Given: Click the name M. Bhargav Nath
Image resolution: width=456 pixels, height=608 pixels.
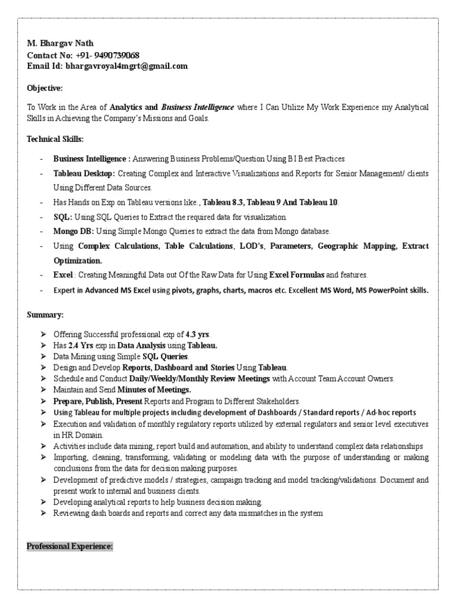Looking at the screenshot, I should pyautogui.click(x=61, y=44).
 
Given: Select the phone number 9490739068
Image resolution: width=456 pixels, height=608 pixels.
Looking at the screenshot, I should pyautogui.click(x=118, y=55).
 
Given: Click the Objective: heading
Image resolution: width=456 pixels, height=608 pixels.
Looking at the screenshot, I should pyautogui.click(x=45, y=88).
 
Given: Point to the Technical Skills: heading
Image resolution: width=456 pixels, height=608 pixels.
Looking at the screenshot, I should pyautogui.click(x=55, y=139).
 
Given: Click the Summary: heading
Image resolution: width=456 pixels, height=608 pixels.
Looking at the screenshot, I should pyautogui.click(x=45, y=313).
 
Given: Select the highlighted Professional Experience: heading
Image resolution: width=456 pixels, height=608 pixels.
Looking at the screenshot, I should pyautogui.click(x=70, y=546).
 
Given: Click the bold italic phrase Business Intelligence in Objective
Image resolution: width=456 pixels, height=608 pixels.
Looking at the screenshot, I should pyautogui.click(x=198, y=107).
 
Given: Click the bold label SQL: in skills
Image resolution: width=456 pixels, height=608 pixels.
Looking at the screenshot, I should pyautogui.click(x=63, y=217).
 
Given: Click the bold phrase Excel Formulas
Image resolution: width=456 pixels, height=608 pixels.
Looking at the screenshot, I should pyautogui.click(x=297, y=275).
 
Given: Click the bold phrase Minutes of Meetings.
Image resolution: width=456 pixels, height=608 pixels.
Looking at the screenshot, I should pyautogui.click(x=154, y=390).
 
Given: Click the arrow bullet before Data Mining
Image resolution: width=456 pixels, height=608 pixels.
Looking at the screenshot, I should pyautogui.click(x=44, y=357).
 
